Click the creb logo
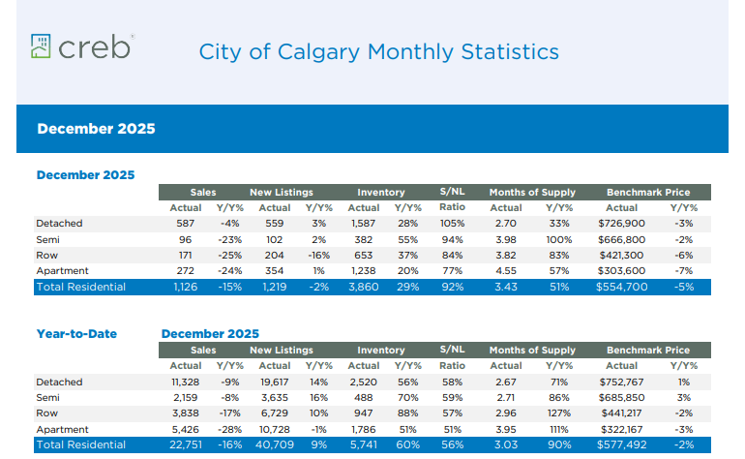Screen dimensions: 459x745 tap(81, 46)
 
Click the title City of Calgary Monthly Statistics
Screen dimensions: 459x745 tap(378, 51)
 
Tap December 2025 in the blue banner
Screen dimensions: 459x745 tap(96, 129)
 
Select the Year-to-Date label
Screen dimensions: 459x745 tap(76, 334)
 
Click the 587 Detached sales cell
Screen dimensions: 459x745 tap(186, 224)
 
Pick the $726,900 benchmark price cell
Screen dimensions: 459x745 tap(621, 224)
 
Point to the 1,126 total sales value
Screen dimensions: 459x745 tap(185, 288)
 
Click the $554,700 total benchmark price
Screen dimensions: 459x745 tap(621, 288)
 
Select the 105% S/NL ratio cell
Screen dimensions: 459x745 tap(452, 224)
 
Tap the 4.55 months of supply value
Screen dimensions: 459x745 tap(505, 271)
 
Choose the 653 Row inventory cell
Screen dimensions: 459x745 tap(364, 256)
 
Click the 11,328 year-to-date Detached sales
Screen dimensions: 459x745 tap(185, 382)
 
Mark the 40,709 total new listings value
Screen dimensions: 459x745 tap(275, 445)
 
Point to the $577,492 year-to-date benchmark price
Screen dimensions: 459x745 tap(621, 445)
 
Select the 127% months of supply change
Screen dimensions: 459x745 tap(558, 413)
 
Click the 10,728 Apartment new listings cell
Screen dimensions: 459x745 tap(275, 429)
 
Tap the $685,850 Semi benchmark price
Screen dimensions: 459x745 tap(621, 398)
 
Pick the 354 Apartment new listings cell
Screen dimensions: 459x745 tap(275, 271)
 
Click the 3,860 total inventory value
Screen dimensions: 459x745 tap(364, 288)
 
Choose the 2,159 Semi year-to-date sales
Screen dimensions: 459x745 tap(185, 398)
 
